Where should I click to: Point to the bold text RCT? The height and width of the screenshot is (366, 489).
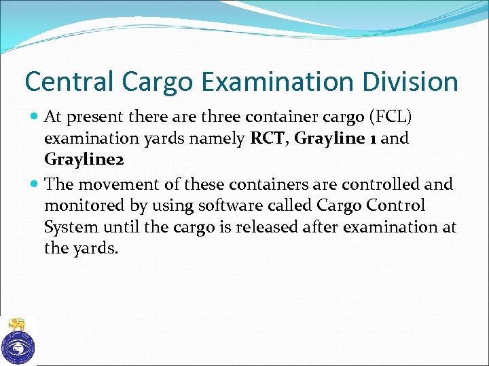[269, 138]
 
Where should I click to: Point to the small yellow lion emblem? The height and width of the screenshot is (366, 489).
[17, 324]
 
